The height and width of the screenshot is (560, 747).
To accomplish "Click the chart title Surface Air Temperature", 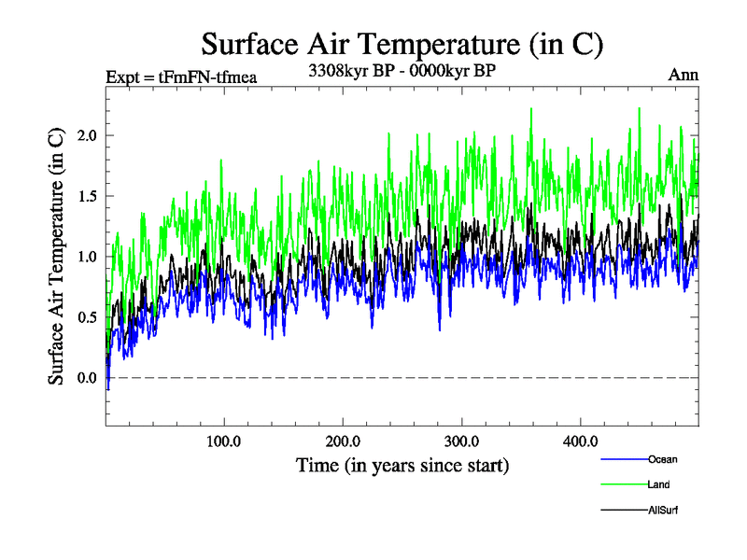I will click(402, 44).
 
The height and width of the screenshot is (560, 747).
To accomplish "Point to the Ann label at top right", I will click(684, 75).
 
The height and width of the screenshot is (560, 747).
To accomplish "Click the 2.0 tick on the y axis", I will click(87, 135).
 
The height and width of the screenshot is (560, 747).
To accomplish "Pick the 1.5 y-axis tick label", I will click(87, 196).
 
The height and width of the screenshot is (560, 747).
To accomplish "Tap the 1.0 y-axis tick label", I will click(87, 257).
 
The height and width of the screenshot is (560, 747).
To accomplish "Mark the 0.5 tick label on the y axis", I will click(87, 317).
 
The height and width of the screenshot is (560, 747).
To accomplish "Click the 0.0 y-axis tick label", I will click(87, 378).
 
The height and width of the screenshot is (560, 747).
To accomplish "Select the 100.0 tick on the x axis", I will click(224, 441).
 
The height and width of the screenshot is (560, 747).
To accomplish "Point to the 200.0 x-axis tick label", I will click(344, 441).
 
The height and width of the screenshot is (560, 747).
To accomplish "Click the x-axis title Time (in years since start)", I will click(402, 464).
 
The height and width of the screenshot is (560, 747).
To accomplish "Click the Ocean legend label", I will click(662, 459).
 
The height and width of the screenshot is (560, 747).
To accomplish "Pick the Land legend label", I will click(658, 484).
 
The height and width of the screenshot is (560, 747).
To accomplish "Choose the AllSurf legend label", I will click(662, 510).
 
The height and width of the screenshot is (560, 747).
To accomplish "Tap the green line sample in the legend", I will click(622, 484).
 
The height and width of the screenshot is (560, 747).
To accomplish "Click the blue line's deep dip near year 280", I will click(439, 329).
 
